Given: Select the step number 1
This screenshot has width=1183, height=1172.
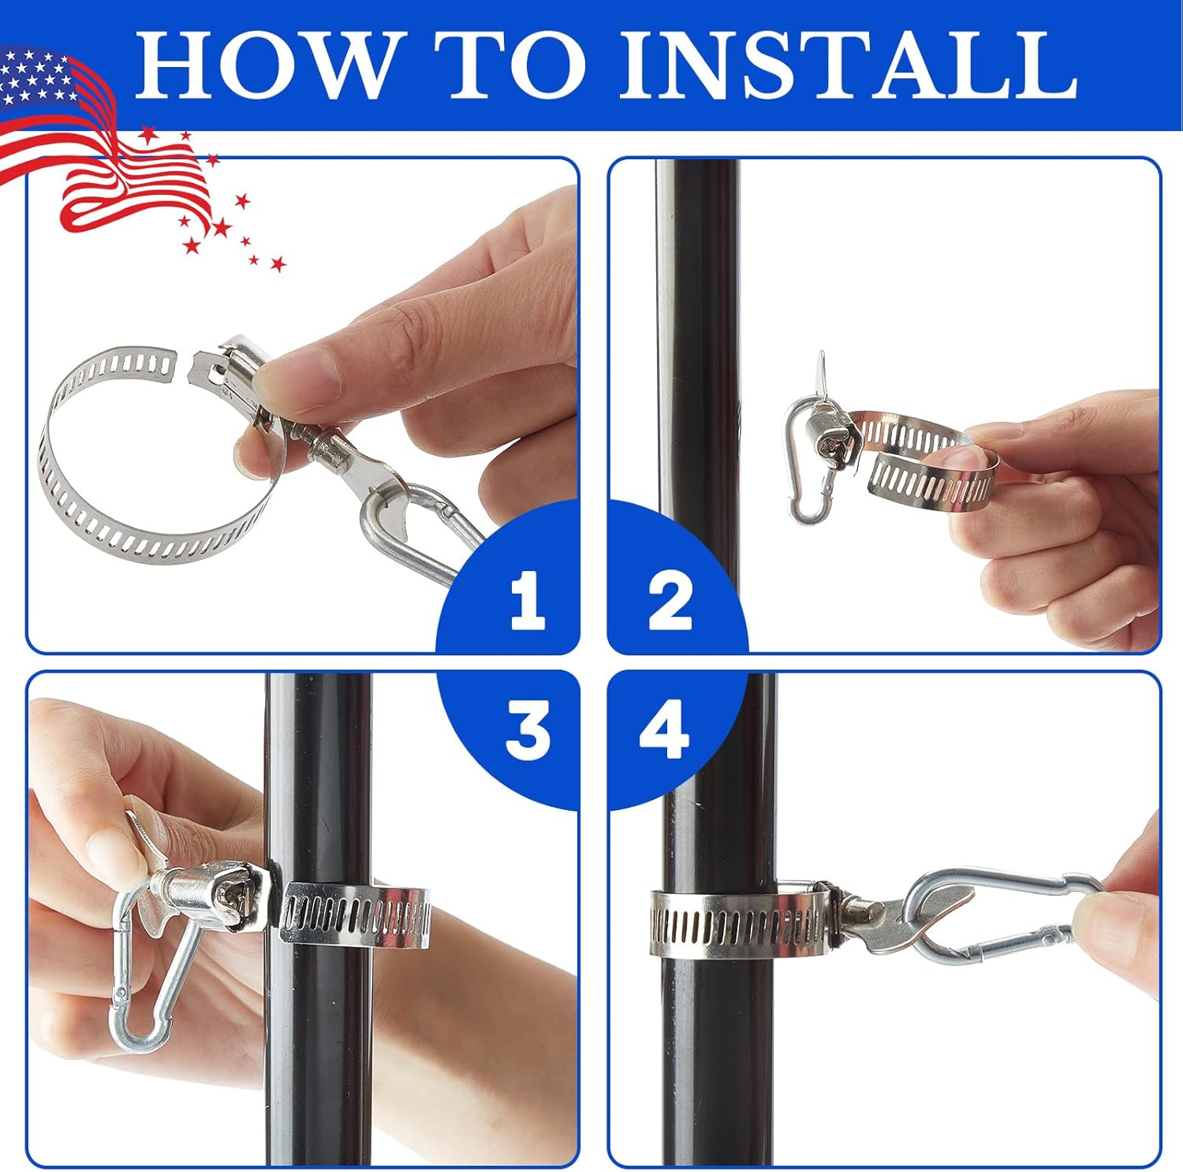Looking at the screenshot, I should [x=528, y=601].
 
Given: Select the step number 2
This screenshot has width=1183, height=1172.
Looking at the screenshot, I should [x=670, y=601].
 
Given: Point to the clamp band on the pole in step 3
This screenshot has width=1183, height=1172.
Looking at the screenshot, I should [x=355, y=915].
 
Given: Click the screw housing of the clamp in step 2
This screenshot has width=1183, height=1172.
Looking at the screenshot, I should [x=836, y=434].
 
